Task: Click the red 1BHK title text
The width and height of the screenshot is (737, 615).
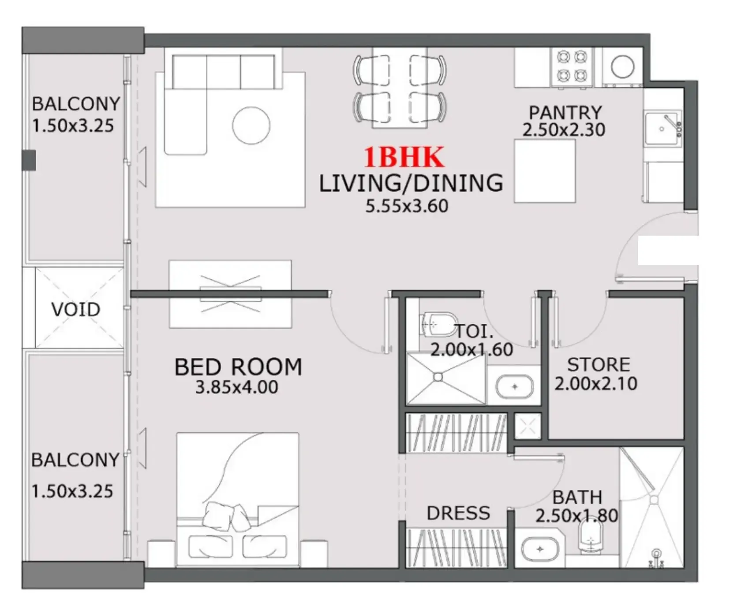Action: tap(404, 157)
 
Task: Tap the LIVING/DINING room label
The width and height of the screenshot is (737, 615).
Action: tap(411, 183)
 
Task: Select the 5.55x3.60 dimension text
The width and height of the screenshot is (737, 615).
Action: tap(407, 206)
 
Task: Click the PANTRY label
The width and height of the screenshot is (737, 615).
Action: tap(565, 112)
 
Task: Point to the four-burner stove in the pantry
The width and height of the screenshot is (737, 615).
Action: tap(572, 67)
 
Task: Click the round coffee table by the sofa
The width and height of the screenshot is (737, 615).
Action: tap(251, 126)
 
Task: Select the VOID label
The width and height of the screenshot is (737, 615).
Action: tap(76, 309)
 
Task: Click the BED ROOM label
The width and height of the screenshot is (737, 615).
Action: tap(238, 367)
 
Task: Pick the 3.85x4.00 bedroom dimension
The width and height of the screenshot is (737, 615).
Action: tap(236, 387)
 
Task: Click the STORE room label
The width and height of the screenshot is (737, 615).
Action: tap(599, 365)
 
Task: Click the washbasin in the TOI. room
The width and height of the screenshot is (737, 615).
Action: tap(514, 387)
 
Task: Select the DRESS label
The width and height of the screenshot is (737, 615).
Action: tap(458, 513)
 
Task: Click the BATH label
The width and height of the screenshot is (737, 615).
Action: tap(577, 497)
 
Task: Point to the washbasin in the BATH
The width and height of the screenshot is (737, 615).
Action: tap(540, 549)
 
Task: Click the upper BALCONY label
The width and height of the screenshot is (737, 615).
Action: tap(76, 104)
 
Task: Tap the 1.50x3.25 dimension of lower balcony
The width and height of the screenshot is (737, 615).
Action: tap(72, 491)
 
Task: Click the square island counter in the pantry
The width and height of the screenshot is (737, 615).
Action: tap(545, 171)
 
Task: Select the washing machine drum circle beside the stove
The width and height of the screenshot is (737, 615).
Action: tap(622, 67)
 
